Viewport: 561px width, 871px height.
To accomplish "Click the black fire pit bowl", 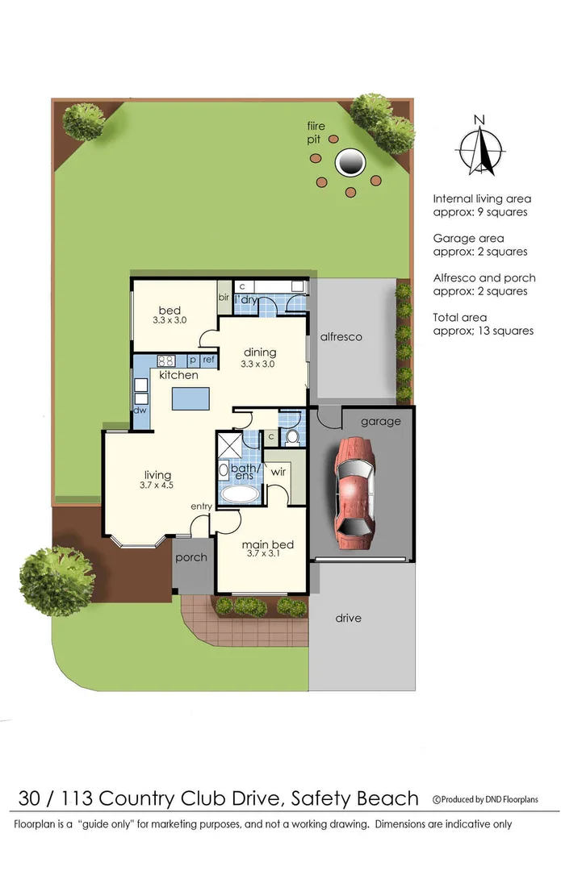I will (x=350, y=162).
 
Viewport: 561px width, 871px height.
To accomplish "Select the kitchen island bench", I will (x=191, y=399).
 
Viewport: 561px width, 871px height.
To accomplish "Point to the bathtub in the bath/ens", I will (x=238, y=494).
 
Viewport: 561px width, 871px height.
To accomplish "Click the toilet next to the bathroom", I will (x=292, y=436).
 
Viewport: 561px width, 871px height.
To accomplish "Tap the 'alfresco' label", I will (x=341, y=336).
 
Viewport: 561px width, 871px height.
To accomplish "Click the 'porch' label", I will (x=191, y=557).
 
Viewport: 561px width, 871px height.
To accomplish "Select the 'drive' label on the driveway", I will (x=349, y=618).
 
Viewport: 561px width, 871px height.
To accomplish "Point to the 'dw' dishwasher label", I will (x=140, y=410).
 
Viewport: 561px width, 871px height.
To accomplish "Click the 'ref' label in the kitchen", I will (x=208, y=360).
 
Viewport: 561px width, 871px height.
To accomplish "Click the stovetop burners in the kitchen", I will (x=166, y=360).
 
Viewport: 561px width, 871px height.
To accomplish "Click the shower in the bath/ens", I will (x=229, y=445).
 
